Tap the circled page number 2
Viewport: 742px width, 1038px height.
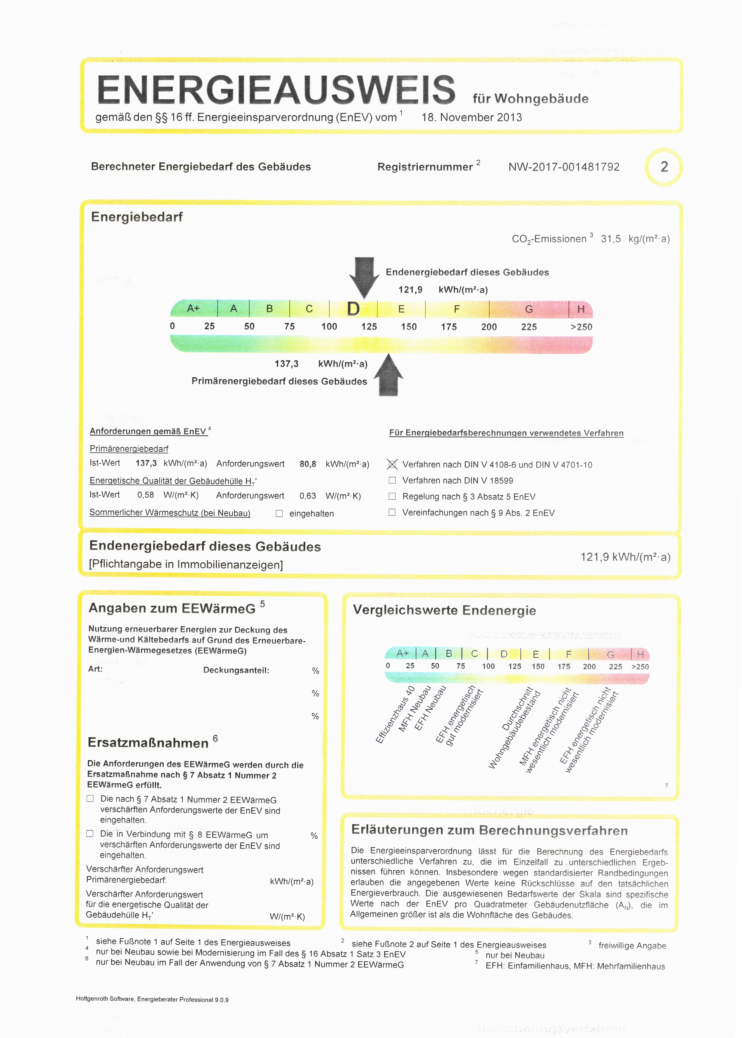tap(664, 167)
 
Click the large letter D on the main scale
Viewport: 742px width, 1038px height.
tap(353, 309)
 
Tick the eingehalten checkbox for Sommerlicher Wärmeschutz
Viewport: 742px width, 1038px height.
tap(279, 513)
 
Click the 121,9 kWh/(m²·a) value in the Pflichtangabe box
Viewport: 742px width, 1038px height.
tap(625, 557)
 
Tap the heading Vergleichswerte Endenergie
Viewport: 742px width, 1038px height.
tap(444, 610)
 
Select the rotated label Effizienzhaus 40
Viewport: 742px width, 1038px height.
tap(395, 715)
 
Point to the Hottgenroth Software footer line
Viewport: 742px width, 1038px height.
tap(152, 1000)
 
